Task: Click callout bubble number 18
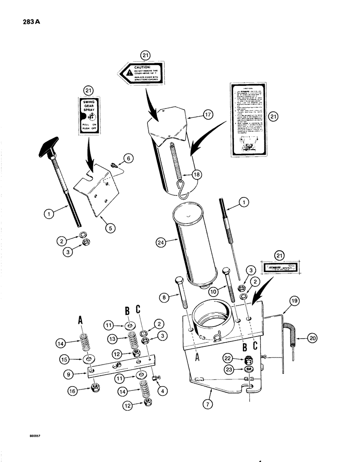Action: (x=184, y=175)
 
